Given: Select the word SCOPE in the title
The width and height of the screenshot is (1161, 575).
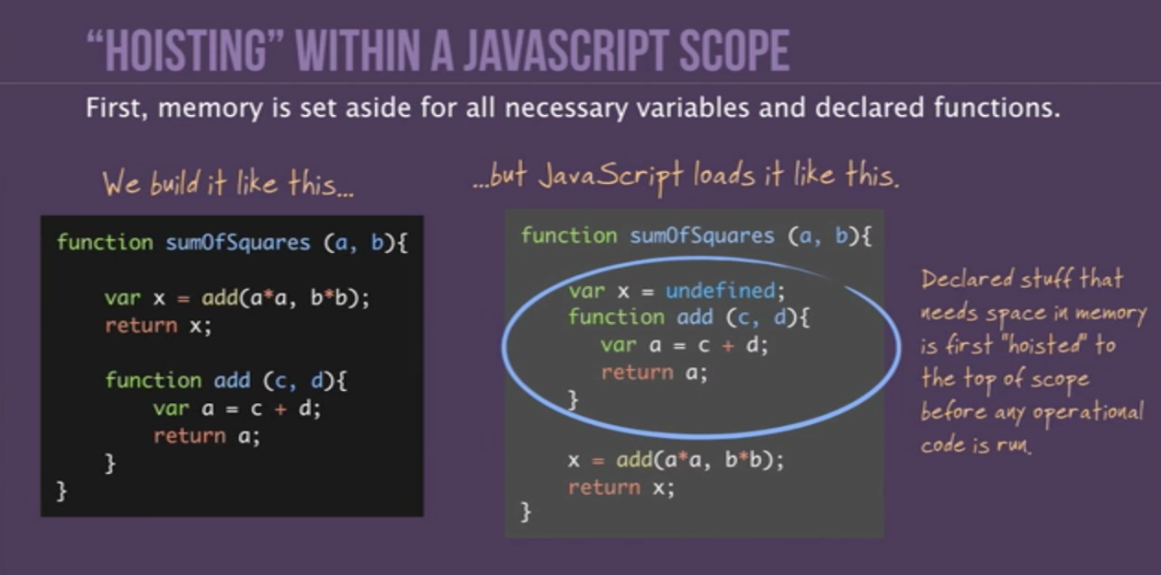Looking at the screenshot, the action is click(x=734, y=51).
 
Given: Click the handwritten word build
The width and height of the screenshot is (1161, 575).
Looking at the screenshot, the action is click(x=175, y=183).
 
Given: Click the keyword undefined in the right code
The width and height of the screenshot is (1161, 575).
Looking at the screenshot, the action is click(x=721, y=291).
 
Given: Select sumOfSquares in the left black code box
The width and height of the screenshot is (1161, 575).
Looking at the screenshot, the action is click(x=238, y=242).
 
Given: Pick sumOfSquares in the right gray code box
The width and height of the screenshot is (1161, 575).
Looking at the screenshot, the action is click(x=701, y=236).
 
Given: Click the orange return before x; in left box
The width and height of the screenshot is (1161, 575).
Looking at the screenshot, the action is click(x=141, y=326).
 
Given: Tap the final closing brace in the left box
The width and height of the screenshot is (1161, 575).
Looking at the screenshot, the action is click(x=62, y=491).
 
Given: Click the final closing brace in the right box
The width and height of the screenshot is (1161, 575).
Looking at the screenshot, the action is click(x=526, y=512).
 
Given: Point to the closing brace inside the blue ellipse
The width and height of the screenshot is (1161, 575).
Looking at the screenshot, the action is click(x=573, y=400).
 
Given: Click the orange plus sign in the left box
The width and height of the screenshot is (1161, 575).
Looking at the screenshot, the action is click(x=280, y=408).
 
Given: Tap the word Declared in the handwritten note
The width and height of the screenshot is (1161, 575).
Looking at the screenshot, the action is click(x=967, y=279).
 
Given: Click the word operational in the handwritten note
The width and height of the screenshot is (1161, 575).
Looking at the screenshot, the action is click(x=1087, y=413).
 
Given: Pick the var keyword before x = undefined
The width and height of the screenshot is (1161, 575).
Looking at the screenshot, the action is click(x=586, y=291).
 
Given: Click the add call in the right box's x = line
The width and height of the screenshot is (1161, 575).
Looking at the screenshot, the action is click(x=634, y=460).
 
